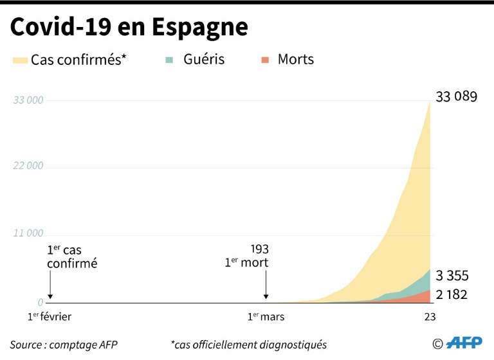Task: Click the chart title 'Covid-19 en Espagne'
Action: pyautogui.click(x=129, y=27)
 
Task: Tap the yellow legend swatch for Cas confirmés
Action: pyautogui.click(x=19, y=60)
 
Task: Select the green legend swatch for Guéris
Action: pyautogui.click(x=170, y=60)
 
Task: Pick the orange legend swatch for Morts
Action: pyautogui.click(x=264, y=60)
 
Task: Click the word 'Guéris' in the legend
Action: pyautogui.click(x=204, y=60)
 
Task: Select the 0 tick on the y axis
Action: pyautogui.click(x=41, y=302)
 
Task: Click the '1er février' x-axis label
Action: pyautogui.click(x=50, y=317)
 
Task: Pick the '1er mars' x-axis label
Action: pyautogui.click(x=266, y=317)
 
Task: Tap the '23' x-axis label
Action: pyautogui.click(x=430, y=317)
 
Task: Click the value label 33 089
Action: pyautogui.click(x=457, y=98)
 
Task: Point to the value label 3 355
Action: pyautogui.click(x=452, y=276)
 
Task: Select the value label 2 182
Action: pyautogui.click(x=452, y=295)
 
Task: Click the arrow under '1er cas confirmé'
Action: pyautogui.click(x=50, y=287)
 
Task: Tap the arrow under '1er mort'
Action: pyautogui.click(x=266, y=287)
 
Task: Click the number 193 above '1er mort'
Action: pyautogui.click(x=259, y=249)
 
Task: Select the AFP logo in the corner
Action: pyautogui.click(x=464, y=343)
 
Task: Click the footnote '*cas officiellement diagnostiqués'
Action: pyautogui.click(x=249, y=345)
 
